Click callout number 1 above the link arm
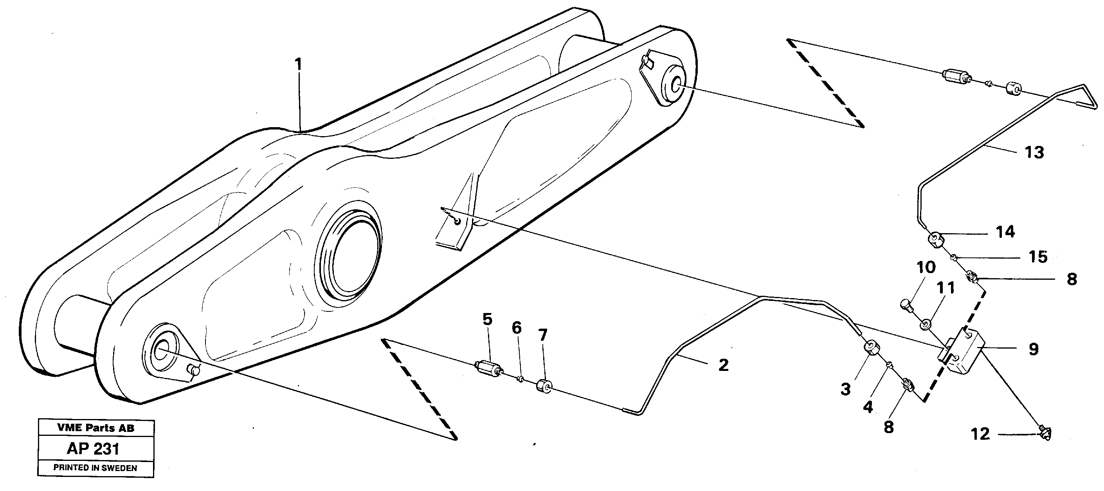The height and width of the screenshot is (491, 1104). click(298, 65)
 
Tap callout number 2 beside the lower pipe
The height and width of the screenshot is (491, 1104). click(724, 365)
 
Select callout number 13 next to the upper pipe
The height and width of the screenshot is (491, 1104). click(1034, 153)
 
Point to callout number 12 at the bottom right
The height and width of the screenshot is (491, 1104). click(980, 434)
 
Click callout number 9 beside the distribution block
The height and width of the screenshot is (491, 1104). click(1033, 349)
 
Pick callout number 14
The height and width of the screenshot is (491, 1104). click(1005, 232)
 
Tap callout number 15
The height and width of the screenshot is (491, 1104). click(1038, 257)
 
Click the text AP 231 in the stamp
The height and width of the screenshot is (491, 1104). click(93, 449)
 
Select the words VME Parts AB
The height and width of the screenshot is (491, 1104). click(95, 428)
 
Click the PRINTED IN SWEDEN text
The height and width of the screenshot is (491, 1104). click(95, 468)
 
